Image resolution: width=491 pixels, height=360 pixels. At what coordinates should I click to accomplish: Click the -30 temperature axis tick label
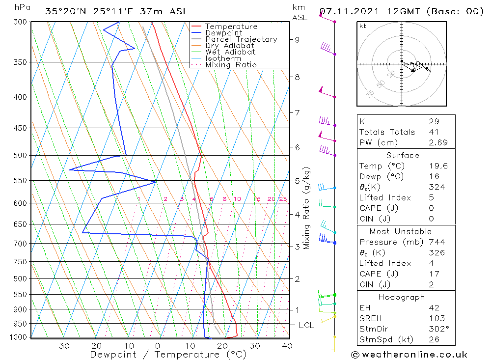pyautogui.click(x=60, y=346)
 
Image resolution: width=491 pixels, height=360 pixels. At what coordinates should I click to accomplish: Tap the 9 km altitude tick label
pyautogui.click(x=298, y=39)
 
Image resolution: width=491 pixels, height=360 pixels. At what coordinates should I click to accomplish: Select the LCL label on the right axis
pyautogui.click(x=306, y=325)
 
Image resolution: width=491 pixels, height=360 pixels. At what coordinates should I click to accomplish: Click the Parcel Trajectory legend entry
pyautogui.click(x=241, y=39)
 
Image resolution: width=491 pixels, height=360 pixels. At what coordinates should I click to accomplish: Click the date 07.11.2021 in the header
pyautogui.click(x=344, y=11)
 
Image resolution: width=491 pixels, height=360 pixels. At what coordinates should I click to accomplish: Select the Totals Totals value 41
pyautogui.click(x=434, y=132)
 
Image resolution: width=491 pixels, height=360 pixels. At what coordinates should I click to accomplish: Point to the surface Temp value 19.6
pyautogui.click(x=437, y=166)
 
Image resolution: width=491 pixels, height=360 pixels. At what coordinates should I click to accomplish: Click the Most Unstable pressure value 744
pyautogui.click(x=436, y=242)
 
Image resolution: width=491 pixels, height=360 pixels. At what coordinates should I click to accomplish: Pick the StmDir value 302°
pyautogui.click(x=438, y=329)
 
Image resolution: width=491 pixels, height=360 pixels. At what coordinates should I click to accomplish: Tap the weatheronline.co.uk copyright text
pyautogui.click(x=409, y=355)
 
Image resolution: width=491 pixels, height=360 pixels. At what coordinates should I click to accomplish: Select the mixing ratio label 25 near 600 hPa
pyautogui.click(x=283, y=199)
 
